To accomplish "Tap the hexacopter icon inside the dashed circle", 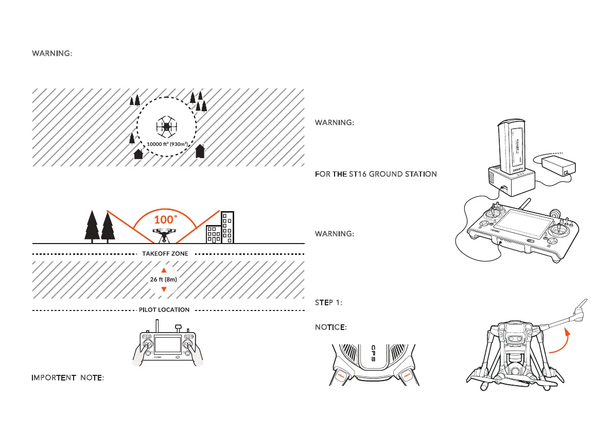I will tap(166, 126).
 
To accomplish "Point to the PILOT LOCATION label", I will tap(164, 310).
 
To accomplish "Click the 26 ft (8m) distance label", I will tap(164, 279).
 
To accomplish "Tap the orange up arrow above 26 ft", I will tap(164, 270).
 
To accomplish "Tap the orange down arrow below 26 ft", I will tap(164, 289).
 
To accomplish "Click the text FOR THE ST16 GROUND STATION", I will tap(376, 175).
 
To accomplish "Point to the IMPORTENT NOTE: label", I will tap(68, 378).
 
